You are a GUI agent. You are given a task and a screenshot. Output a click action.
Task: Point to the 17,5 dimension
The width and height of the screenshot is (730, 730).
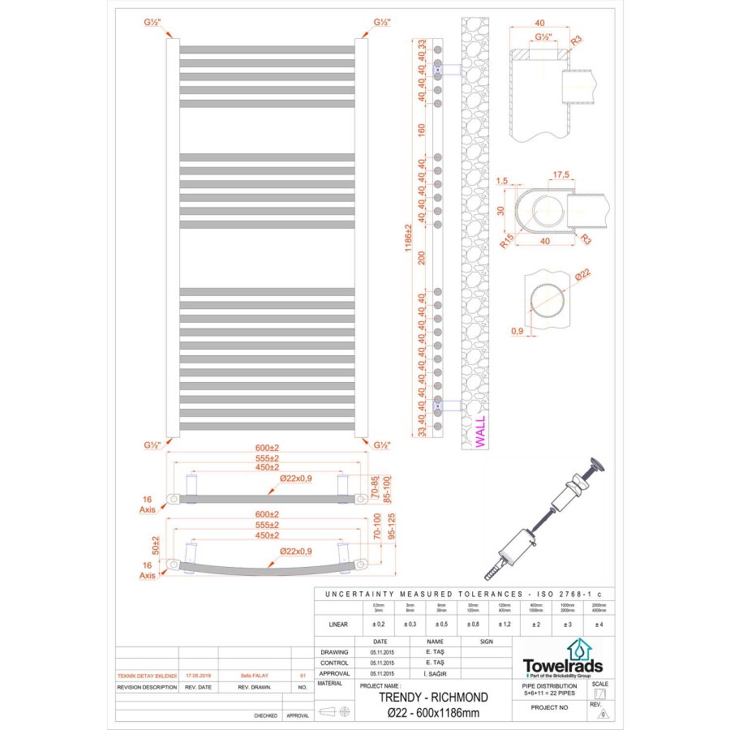coord(559,175)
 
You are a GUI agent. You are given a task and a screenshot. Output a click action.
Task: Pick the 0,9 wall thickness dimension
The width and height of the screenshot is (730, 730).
coord(517,331)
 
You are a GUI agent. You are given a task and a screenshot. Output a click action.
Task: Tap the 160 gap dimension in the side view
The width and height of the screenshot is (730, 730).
coord(422,130)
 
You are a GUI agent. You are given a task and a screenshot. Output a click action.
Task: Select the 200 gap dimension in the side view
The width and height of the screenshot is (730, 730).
coord(422,258)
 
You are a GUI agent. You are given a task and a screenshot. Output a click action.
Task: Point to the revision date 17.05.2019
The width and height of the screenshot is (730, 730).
coord(198,674)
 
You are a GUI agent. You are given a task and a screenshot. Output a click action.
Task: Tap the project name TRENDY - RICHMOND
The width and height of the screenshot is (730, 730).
coord(434,697)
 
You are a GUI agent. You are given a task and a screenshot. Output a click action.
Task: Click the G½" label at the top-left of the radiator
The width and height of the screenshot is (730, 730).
coord(152,22)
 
